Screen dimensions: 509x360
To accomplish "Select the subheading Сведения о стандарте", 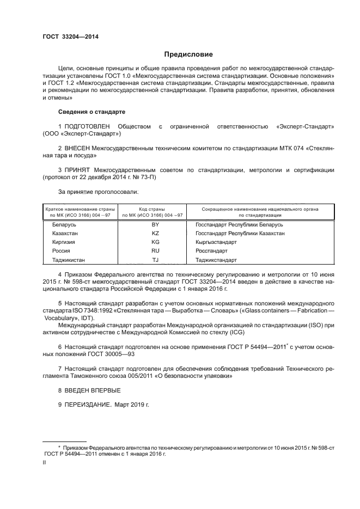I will tap(91, 112).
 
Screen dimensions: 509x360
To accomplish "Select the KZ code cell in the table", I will tap(155, 233).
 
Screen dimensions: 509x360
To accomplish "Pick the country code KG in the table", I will tap(155, 242).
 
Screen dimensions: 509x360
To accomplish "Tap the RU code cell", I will tap(155, 251).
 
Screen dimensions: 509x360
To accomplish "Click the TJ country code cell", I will tap(155, 260).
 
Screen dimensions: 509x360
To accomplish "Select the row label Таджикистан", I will tap(69, 260).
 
